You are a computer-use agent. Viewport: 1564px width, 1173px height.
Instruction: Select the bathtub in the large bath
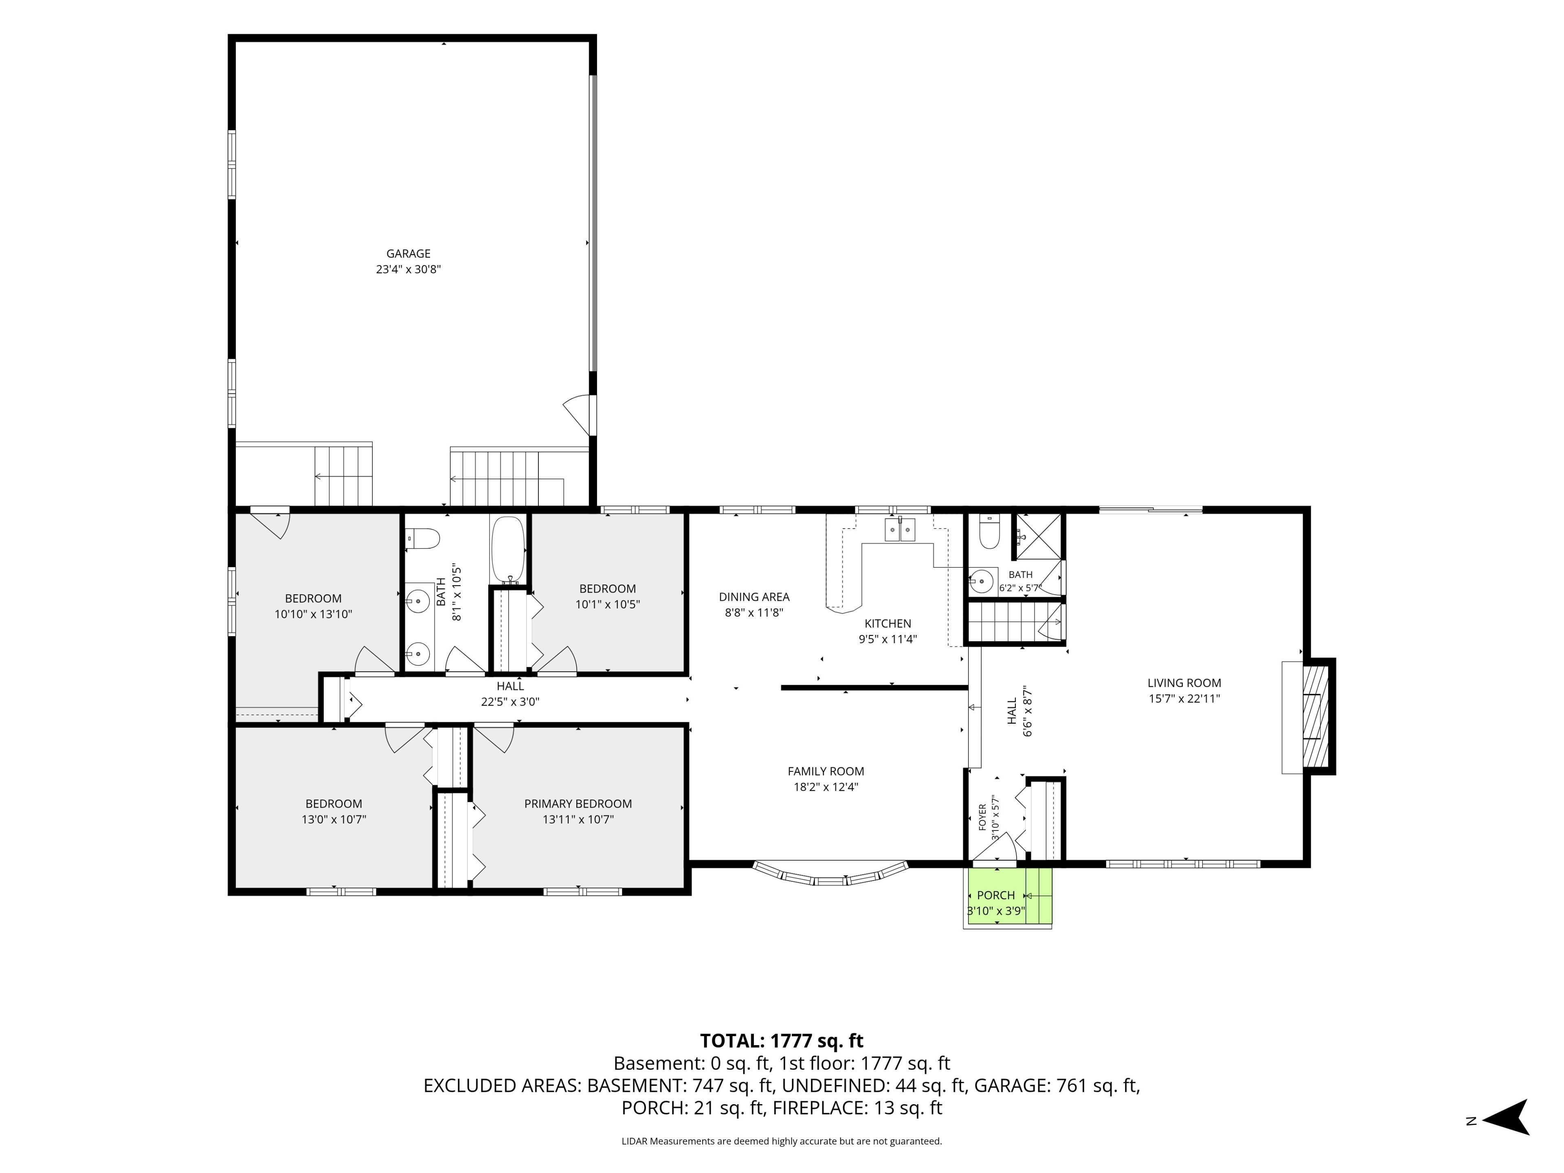click(x=507, y=548)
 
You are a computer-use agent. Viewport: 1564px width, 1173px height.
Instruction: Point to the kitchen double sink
click(x=900, y=529)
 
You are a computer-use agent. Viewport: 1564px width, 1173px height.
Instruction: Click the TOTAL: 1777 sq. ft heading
click(x=781, y=1041)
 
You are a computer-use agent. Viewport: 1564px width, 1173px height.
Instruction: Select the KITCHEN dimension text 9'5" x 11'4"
click(x=887, y=639)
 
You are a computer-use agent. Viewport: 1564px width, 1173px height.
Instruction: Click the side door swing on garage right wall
click(x=580, y=414)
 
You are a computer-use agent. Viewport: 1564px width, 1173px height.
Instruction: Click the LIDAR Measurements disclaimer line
click(x=781, y=1141)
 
